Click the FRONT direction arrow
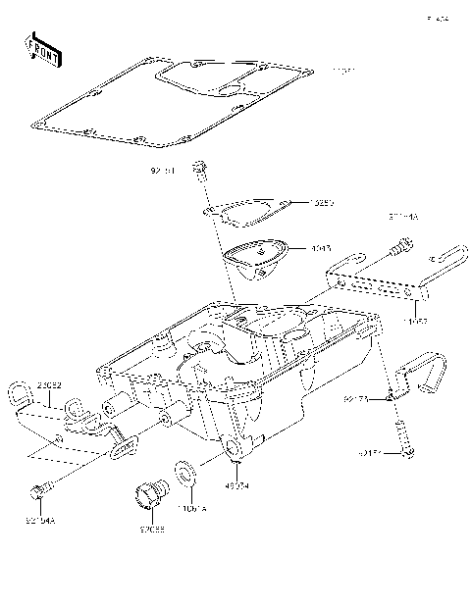tap(44, 51)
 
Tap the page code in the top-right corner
tap(438, 19)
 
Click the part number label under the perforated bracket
tap(415, 319)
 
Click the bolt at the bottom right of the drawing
tap(404, 438)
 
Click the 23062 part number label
tap(51, 386)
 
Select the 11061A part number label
tap(188, 510)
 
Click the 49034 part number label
tap(236, 484)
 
